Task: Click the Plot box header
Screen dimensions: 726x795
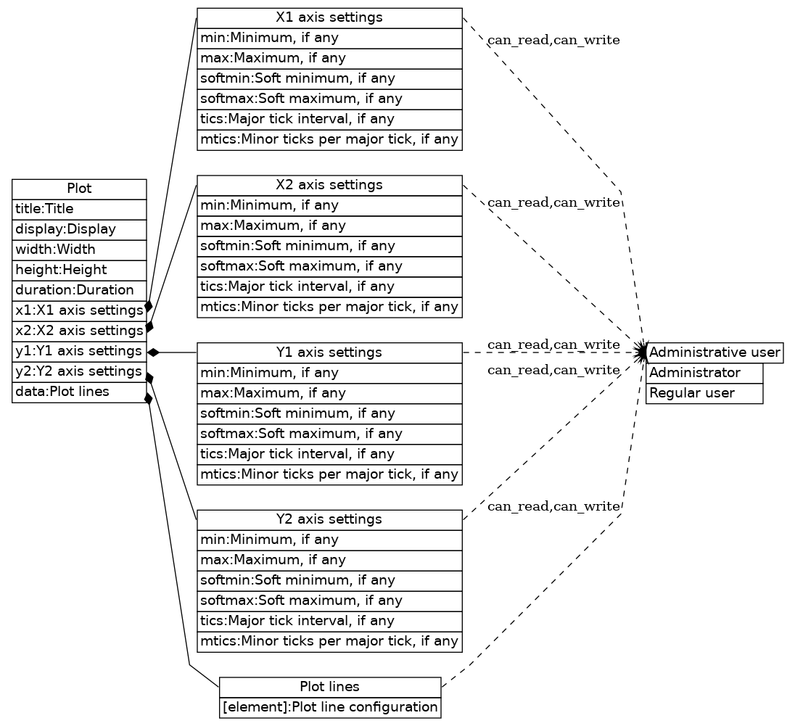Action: click(79, 189)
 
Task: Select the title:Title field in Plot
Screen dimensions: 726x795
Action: click(79, 210)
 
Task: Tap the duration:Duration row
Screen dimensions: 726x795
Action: click(79, 290)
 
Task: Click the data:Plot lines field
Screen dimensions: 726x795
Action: click(79, 392)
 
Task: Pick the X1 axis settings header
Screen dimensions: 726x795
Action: click(329, 17)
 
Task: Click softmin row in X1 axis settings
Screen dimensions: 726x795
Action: click(329, 78)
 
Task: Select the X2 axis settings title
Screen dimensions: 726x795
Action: click(329, 185)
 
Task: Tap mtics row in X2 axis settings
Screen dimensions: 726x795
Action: click(329, 307)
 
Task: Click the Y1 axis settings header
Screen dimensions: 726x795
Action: click(329, 352)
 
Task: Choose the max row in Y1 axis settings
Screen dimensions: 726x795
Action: click(329, 393)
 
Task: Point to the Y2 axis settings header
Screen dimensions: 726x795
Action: click(329, 519)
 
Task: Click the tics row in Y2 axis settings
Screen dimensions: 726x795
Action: click(329, 621)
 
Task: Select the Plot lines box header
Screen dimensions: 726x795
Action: click(329, 687)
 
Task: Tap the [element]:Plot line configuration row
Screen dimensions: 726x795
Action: click(329, 707)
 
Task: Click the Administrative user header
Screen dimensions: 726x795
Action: click(714, 353)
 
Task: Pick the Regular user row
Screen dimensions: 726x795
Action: click(704, 394)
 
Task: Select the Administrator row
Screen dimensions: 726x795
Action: click(704, 374)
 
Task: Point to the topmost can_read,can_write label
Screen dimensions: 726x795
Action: click(553, 41)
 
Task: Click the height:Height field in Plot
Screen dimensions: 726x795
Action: click(79, 270)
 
